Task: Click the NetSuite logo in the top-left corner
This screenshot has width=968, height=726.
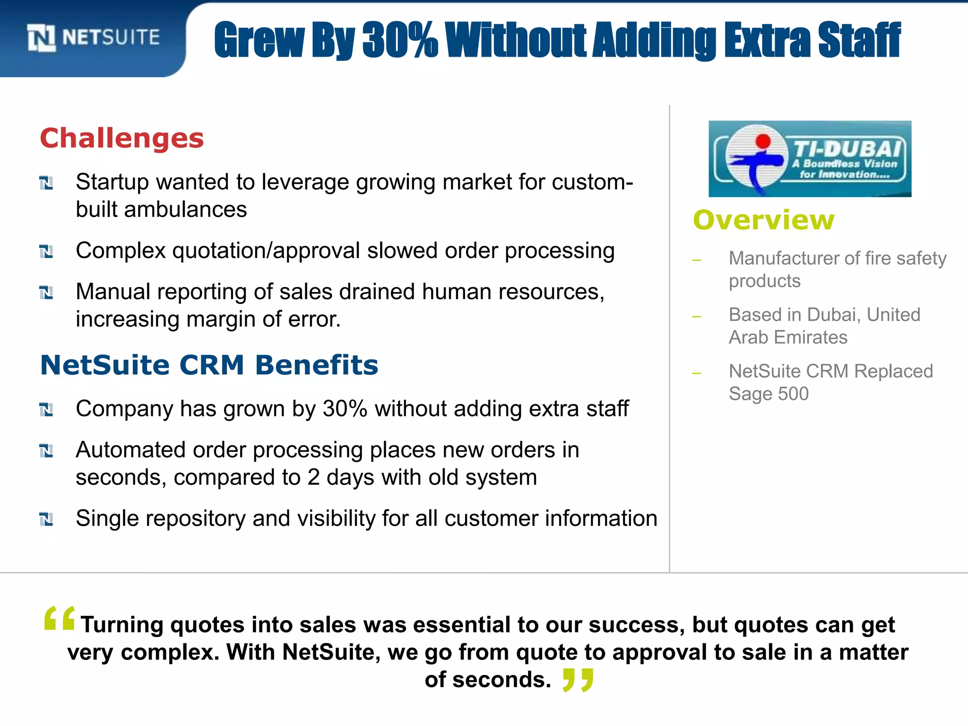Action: [94, 37]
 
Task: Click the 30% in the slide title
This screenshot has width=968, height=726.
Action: [400, 41]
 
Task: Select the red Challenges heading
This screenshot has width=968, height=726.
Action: [122, 138]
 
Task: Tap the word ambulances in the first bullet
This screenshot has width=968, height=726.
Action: [185, 209]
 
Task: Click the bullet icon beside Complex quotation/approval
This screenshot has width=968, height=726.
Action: [46, 251]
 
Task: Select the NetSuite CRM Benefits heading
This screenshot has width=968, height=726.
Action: [209, 365]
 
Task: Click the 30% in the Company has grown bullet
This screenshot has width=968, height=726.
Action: [345, 409]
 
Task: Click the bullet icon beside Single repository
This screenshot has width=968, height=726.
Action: [46, 519]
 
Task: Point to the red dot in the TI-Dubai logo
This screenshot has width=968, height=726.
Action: [763, 141]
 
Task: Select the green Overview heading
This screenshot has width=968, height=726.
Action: [763, 220]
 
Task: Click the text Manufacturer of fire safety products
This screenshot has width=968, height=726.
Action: [837, 269]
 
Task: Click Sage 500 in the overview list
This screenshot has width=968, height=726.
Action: [769, 394]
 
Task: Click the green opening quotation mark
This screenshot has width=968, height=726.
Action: [59, 618]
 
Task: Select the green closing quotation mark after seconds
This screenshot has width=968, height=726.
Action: [578, 680]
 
